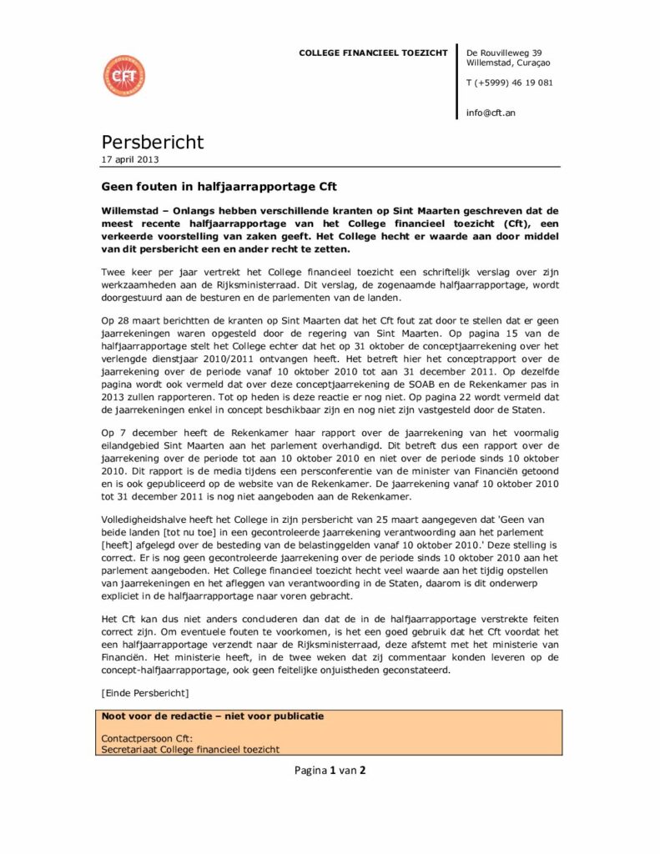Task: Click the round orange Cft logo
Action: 124,76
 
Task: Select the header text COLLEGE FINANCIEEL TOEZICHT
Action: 373,53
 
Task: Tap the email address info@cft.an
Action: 491,112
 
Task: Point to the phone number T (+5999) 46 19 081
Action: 509,83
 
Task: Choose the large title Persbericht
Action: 153,142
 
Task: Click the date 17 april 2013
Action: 130,159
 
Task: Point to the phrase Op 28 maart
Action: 131,320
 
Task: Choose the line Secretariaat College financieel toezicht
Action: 190,750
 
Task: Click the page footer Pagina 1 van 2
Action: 330,770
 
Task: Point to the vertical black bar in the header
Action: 457,81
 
